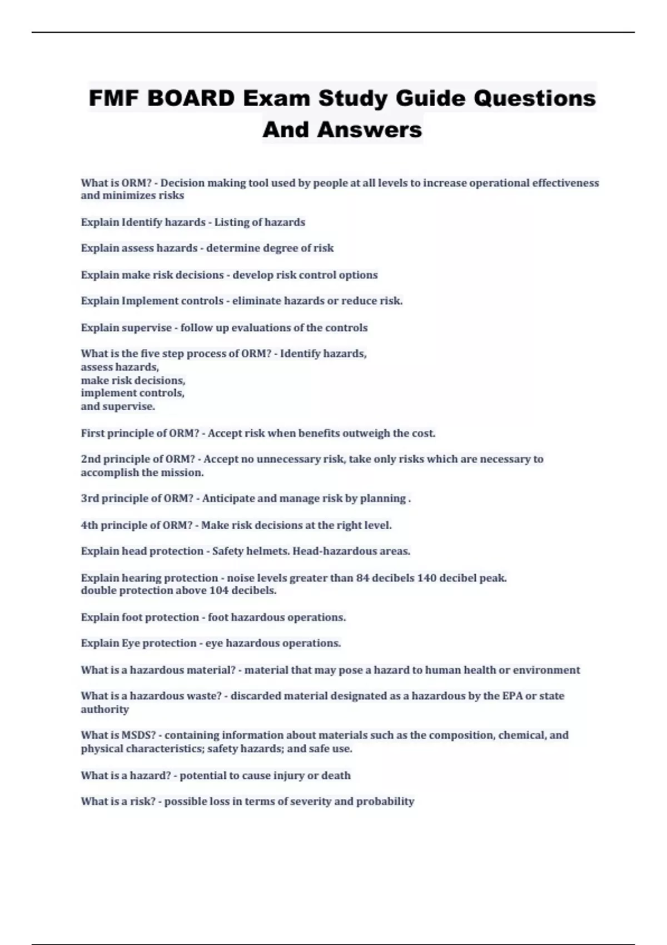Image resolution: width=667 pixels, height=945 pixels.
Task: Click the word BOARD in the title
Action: click(x=191, y=98)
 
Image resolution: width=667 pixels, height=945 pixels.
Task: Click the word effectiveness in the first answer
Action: click(x=565, y=183)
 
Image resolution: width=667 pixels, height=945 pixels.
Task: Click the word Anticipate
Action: click(x=228, y=498)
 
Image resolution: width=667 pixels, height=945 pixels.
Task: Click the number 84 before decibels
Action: click(x=362, y=578)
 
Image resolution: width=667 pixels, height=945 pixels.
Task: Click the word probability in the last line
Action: click(x=385, y=801)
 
